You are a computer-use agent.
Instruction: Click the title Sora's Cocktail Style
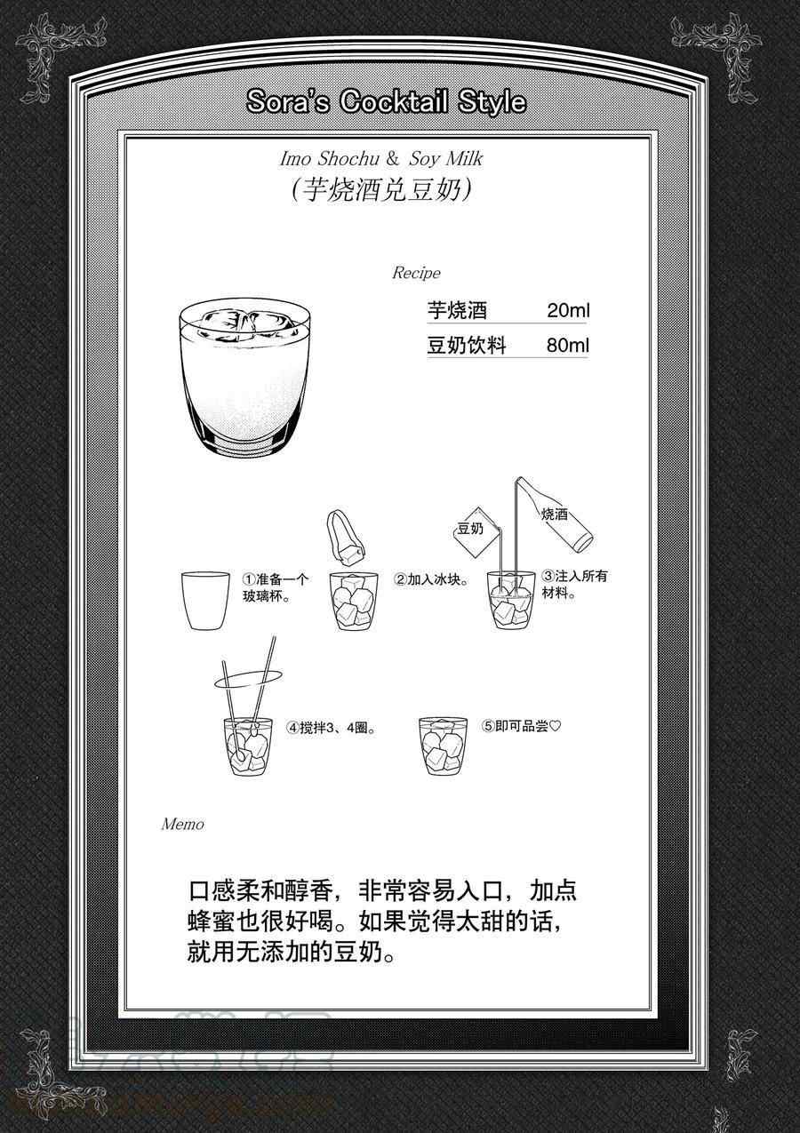[387, 102]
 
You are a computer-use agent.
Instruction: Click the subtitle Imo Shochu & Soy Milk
[381, 159]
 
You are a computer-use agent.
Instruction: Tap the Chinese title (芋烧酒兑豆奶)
[382, 191]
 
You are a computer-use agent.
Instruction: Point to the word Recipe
[416, 273]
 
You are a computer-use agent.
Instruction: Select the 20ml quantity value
[568, 310]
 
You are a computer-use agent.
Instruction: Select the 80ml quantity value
[568, 346]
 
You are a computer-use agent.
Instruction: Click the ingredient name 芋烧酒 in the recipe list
[457, 310]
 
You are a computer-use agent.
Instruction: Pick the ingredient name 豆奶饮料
[467, 346]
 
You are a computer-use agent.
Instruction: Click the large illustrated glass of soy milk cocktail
[245, 374]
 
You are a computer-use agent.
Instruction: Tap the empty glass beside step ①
[205, 601]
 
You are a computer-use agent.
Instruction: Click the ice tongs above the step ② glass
[347, 536]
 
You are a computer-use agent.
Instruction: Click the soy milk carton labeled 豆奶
[476, 531]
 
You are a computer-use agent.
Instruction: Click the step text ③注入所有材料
[574, 584]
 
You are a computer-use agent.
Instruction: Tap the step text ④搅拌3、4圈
[332, 728]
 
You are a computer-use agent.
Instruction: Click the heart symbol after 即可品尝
[555, 726]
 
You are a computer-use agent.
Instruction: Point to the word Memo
[183, 824]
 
